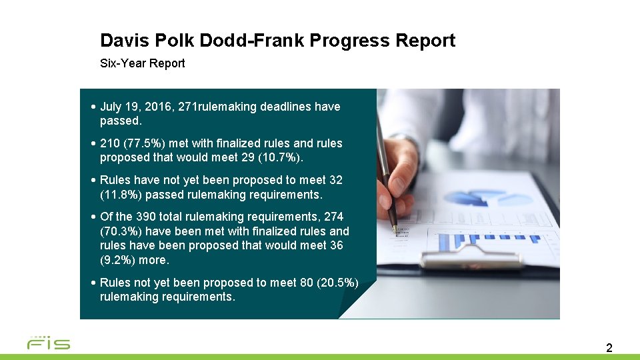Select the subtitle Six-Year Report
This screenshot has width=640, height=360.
142,63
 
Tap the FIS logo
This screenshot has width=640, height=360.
48,343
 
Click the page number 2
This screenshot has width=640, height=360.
609,347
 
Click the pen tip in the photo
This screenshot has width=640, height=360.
394,228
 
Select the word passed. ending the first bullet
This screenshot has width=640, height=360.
121,121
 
